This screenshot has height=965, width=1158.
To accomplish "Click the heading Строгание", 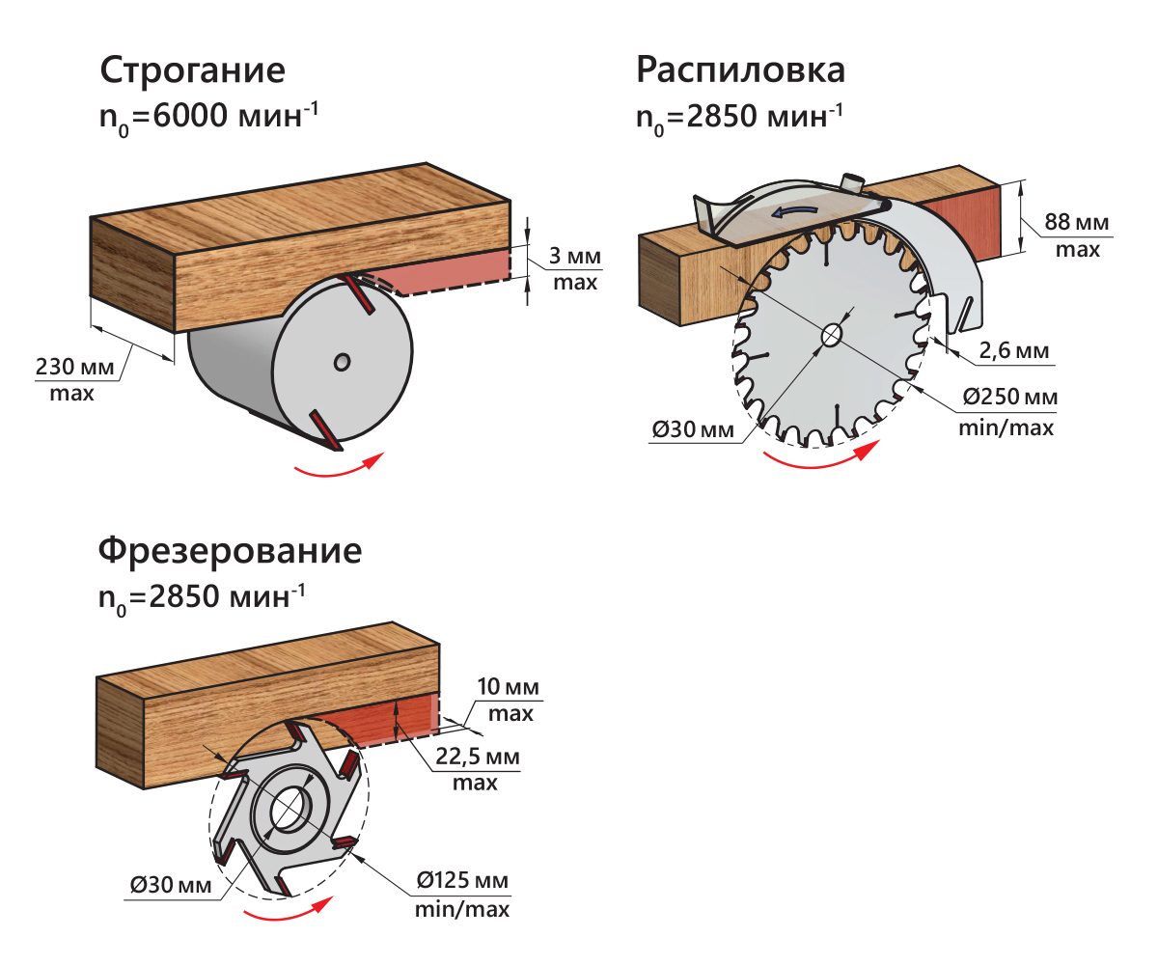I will pos(192,73).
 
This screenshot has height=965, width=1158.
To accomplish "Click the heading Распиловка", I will pos(740,70).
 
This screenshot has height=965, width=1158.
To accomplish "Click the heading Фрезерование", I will pos(230,552).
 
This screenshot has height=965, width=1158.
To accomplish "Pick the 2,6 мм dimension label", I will pos(1013,352).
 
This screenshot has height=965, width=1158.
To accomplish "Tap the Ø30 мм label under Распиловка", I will pos(693,429).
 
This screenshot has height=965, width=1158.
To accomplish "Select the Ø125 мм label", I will pos(462,881).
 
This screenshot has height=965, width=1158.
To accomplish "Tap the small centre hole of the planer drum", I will pos(342,361).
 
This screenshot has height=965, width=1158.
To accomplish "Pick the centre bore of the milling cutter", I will pos(289,809).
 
